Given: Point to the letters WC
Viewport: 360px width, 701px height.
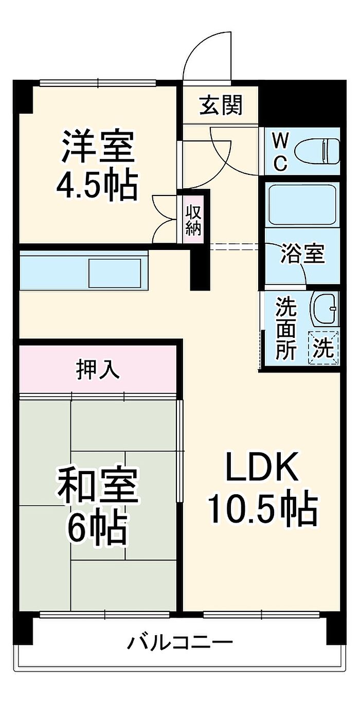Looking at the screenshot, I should click(280, 151).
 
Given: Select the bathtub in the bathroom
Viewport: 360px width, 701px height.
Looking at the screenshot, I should click(302, 204).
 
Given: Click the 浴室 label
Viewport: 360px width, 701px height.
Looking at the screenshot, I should click(303, 254).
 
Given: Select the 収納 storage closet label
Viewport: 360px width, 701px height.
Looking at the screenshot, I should click(193, 220).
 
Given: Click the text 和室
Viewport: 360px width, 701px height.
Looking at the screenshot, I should click(98, 488).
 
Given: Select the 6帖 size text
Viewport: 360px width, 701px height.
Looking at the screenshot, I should click(98, 528).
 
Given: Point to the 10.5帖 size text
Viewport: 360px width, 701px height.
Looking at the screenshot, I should click(262, 508).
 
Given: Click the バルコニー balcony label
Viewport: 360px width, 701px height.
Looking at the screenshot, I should click(180, 642).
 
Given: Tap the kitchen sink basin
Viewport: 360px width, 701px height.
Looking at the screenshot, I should click(115, 273).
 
